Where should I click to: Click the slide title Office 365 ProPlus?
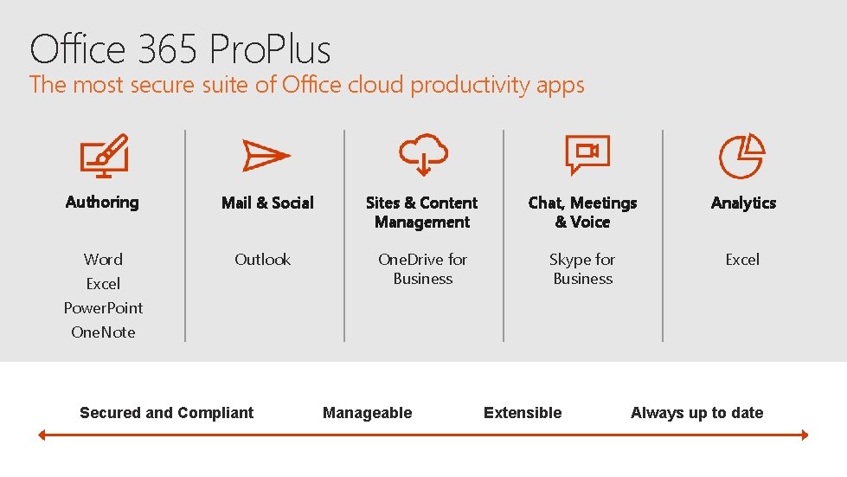180,49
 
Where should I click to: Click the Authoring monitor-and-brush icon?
104,156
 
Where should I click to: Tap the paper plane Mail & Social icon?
266,156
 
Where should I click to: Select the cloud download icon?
423,155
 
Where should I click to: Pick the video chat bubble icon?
587,155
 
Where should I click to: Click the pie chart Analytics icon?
742,156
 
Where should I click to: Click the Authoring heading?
102,202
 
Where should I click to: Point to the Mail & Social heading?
267,203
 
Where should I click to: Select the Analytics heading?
743,203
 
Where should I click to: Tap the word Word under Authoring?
103,259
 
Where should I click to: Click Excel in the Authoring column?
103,283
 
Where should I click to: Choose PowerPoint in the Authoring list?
103,307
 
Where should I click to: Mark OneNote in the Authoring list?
103,332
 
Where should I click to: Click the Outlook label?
263,259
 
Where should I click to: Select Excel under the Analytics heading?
742,259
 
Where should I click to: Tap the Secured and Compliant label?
167,413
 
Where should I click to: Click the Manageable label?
368,413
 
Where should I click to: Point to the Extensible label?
523,413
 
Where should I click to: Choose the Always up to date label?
697,413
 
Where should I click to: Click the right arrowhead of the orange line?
804,435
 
